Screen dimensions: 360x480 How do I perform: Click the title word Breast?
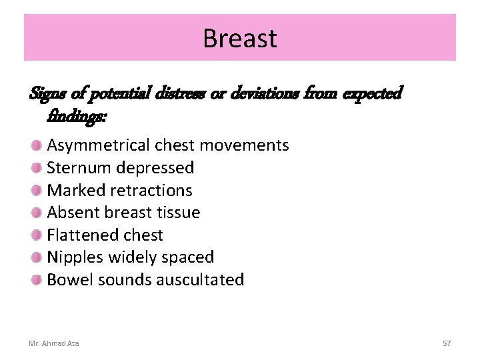pos(239,38)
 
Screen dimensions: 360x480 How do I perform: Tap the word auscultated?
pos(200,279)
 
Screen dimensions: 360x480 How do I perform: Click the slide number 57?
pos(447,343)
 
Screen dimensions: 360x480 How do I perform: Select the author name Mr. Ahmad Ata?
pos(53,343)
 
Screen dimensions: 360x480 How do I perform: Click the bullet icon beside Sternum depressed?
pos(36,167)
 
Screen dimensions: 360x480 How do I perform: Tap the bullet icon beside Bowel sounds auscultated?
pos(36,279)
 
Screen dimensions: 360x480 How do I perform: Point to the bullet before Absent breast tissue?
pos(36,213)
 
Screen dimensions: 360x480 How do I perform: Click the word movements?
pos(248,145)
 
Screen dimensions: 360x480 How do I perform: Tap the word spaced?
pos(188,257)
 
